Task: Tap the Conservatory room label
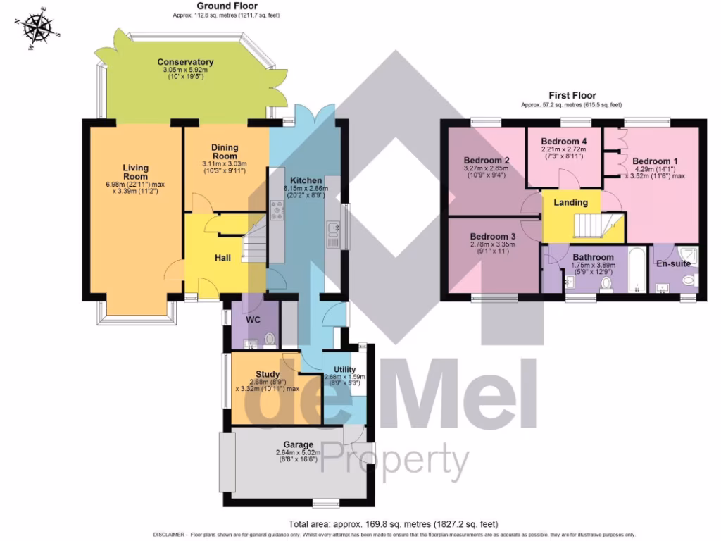(185, 62)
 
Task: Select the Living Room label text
(136, 172)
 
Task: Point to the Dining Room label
(225, 152)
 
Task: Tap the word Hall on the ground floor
(222, 258)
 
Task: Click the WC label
(253, 320)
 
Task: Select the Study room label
(268, 374)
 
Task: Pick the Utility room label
(344, 369)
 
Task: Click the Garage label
(297, 444)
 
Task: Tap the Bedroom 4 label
(563, 139)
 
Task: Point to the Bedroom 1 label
(654, 161)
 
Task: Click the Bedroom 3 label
(493, 236)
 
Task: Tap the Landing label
(570, 202)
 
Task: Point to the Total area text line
(393, 523)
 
